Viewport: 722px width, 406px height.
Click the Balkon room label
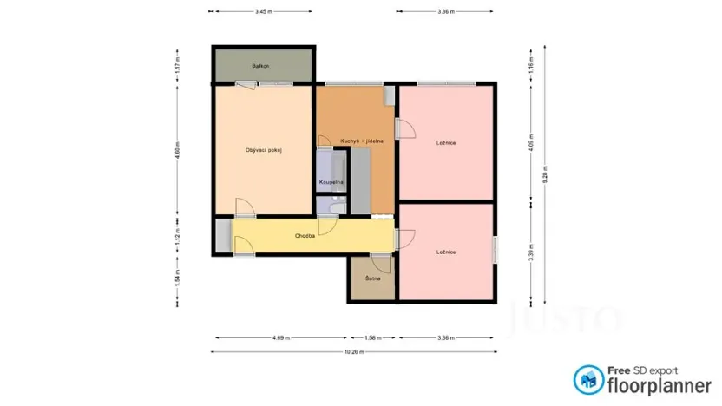260,66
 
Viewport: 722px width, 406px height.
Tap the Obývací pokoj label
264,150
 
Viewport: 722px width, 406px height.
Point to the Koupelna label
331,183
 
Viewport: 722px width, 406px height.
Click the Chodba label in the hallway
305,235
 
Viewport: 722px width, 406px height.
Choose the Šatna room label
373,278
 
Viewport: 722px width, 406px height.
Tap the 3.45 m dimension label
263,11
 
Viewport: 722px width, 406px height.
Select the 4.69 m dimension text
280,337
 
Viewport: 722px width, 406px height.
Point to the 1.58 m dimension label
373,337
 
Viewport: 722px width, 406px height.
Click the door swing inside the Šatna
378,264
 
